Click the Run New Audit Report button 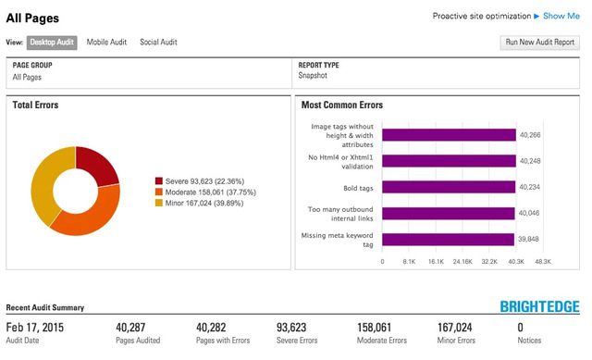(x=538, y=43)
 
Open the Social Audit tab (x=158, y=43)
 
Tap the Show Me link (x=561, y=16)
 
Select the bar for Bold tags (x=450, y=186)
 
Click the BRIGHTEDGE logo (x=539, y=307)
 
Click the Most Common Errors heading (x=341, y=106)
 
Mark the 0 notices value (x=520, y=327)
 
